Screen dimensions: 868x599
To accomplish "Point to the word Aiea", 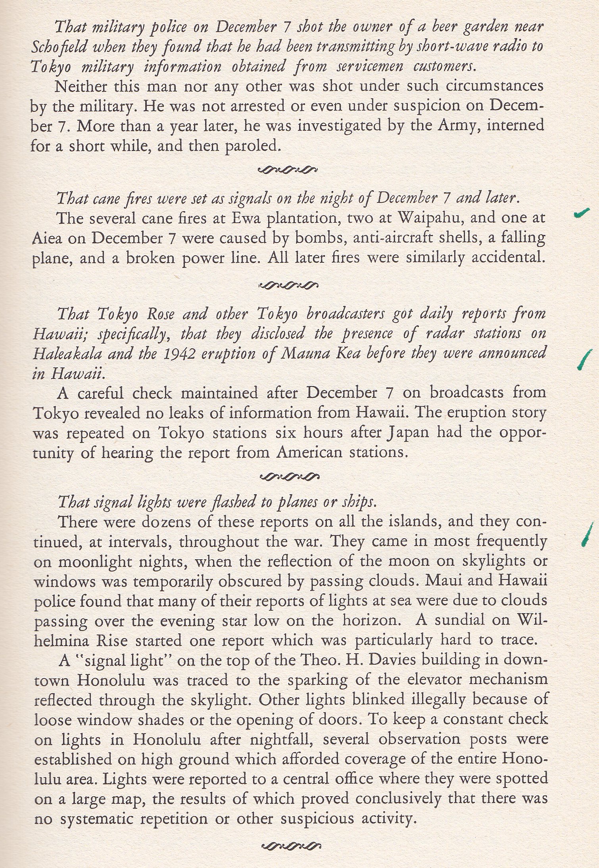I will tap(44, 239).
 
